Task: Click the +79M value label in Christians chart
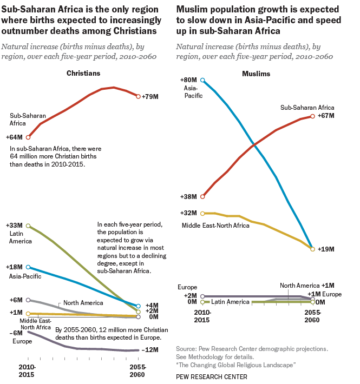(x=150, y=97)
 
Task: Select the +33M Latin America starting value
(x=14, y=225)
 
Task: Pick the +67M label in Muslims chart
(x=327, y=116)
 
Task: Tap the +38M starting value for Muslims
(x=189, y=197)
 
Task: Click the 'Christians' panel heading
(x=83, y=73)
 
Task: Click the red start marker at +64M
(x=28, y=137)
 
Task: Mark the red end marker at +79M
(x=139, y=97)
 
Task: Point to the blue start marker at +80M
(x=202, y=80)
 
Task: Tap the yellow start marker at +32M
(x=202, y=213)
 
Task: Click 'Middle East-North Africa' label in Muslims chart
(x=215, y=225)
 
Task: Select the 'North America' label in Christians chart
(x=84, y=303)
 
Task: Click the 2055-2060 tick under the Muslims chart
(x=312, y=316)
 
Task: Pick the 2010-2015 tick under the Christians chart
(x=27, y=370)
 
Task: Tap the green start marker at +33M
(x=28, y=226)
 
